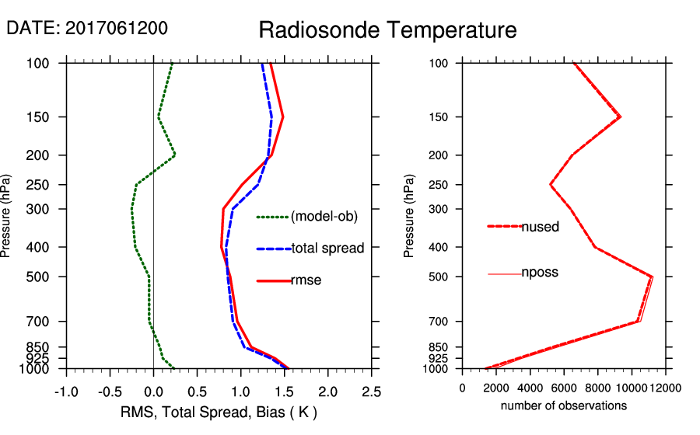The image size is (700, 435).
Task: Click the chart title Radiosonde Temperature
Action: pyautogui.click(x=387, y=30)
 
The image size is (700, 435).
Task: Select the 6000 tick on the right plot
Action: pyautogui.click(x=564, y=387)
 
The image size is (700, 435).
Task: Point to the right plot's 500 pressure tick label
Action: pyautogui.click(x=440, y=277)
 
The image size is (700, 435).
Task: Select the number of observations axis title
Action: pyautogui.click(x=564, y=405)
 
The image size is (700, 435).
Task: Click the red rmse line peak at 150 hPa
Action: pyautogui.click(x=282, y=117)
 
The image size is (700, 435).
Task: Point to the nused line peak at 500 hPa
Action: pyautogui.click(x=651, y=277)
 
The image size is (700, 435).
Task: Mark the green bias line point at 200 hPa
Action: pyautogui.click(x=175, y=155)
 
